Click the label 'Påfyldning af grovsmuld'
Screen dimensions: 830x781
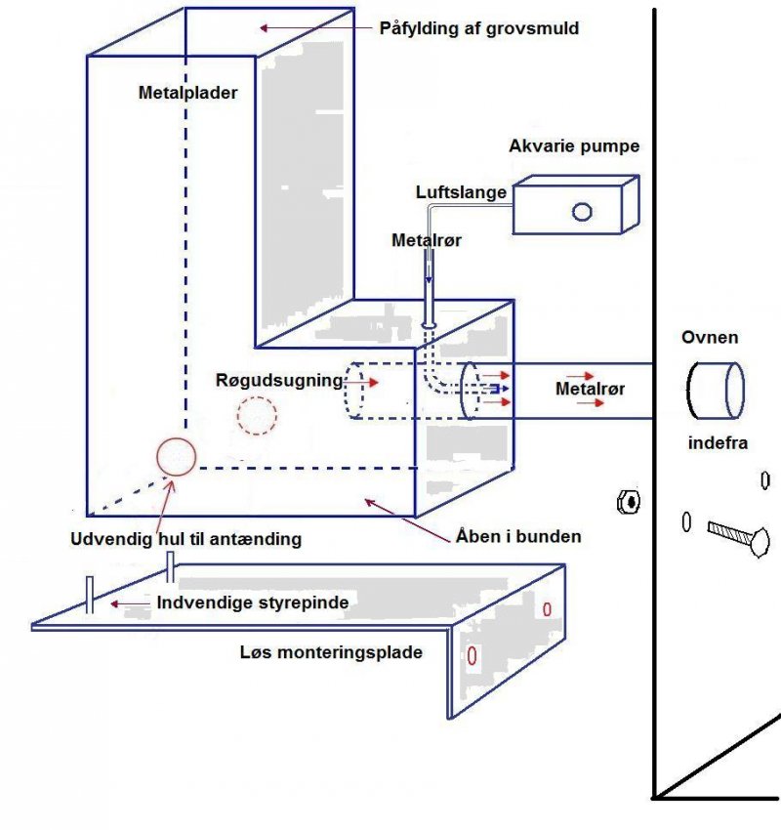479,28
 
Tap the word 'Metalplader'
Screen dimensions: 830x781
187,94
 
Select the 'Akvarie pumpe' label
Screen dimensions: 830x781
574,146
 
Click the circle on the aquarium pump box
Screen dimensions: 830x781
583,211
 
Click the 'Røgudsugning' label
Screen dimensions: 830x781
278,381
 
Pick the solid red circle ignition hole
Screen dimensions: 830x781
177,456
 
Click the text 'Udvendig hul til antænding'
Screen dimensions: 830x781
185,538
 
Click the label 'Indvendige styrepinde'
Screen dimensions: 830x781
253,603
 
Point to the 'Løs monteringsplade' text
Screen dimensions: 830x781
331,651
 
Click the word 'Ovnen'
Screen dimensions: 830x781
710,338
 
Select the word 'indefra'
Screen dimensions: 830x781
718,443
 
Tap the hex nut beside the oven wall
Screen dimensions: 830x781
630,502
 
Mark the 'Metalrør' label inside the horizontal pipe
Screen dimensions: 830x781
591,389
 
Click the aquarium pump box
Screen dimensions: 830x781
576,206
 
